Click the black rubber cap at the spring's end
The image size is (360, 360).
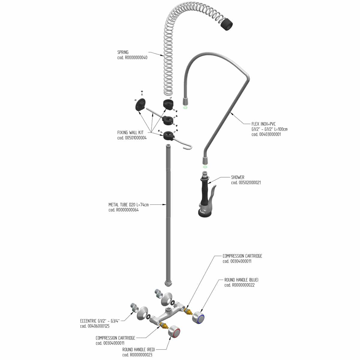pos(227,24)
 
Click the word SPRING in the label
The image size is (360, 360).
pos(123,52)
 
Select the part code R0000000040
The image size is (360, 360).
pos(132,58)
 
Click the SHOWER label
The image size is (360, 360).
pos(238,177)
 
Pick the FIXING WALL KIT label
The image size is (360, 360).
pos(130,133)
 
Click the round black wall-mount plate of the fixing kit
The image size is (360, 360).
pos(140,105)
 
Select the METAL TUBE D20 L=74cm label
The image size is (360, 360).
pos(128,205)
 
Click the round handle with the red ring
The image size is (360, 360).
pos(175,332)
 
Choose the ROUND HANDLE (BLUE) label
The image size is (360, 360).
pos(241,280)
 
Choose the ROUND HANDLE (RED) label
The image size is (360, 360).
pos(138,349)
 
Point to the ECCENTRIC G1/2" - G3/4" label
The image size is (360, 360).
pos(100,321)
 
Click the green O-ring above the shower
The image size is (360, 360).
pos(205,167)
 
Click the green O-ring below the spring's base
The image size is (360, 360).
pos(185,107)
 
